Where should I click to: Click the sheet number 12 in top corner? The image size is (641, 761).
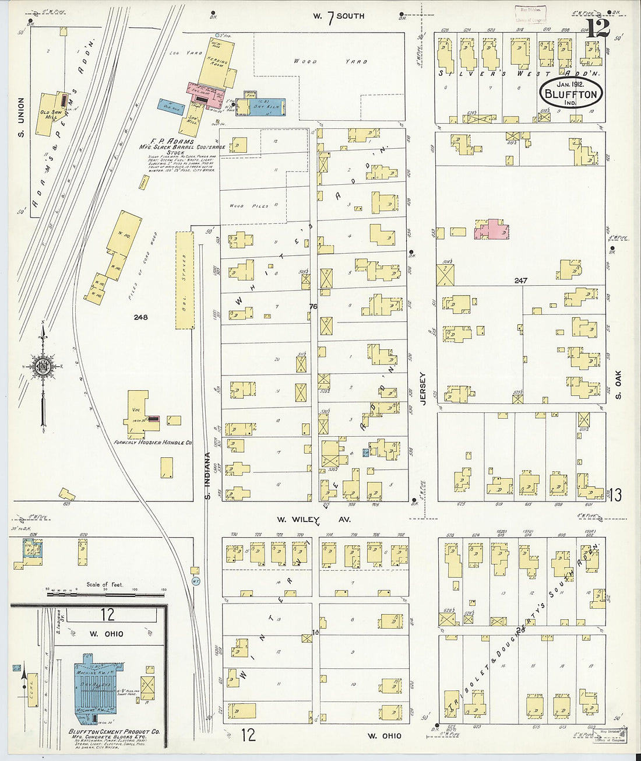[x=598, y=28]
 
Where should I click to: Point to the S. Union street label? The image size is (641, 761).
[x=22, y=118]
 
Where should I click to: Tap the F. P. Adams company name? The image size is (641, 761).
[x=172, y=142]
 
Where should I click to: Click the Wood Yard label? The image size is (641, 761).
[x=329, y=61]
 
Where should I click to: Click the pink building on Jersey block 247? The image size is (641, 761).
[x=492, y=230]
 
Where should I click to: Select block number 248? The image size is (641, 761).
[x=140, y=318]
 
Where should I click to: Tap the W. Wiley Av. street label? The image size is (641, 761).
[x=314, y=519]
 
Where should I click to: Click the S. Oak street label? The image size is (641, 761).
[x=618, y=385]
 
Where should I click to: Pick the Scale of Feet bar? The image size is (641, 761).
[x=105, y=594]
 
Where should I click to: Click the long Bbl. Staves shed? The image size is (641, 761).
[x=185, y=281]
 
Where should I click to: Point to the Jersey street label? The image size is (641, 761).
[x=423, y=389]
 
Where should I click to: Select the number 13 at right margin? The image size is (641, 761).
[x=615, y=496]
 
